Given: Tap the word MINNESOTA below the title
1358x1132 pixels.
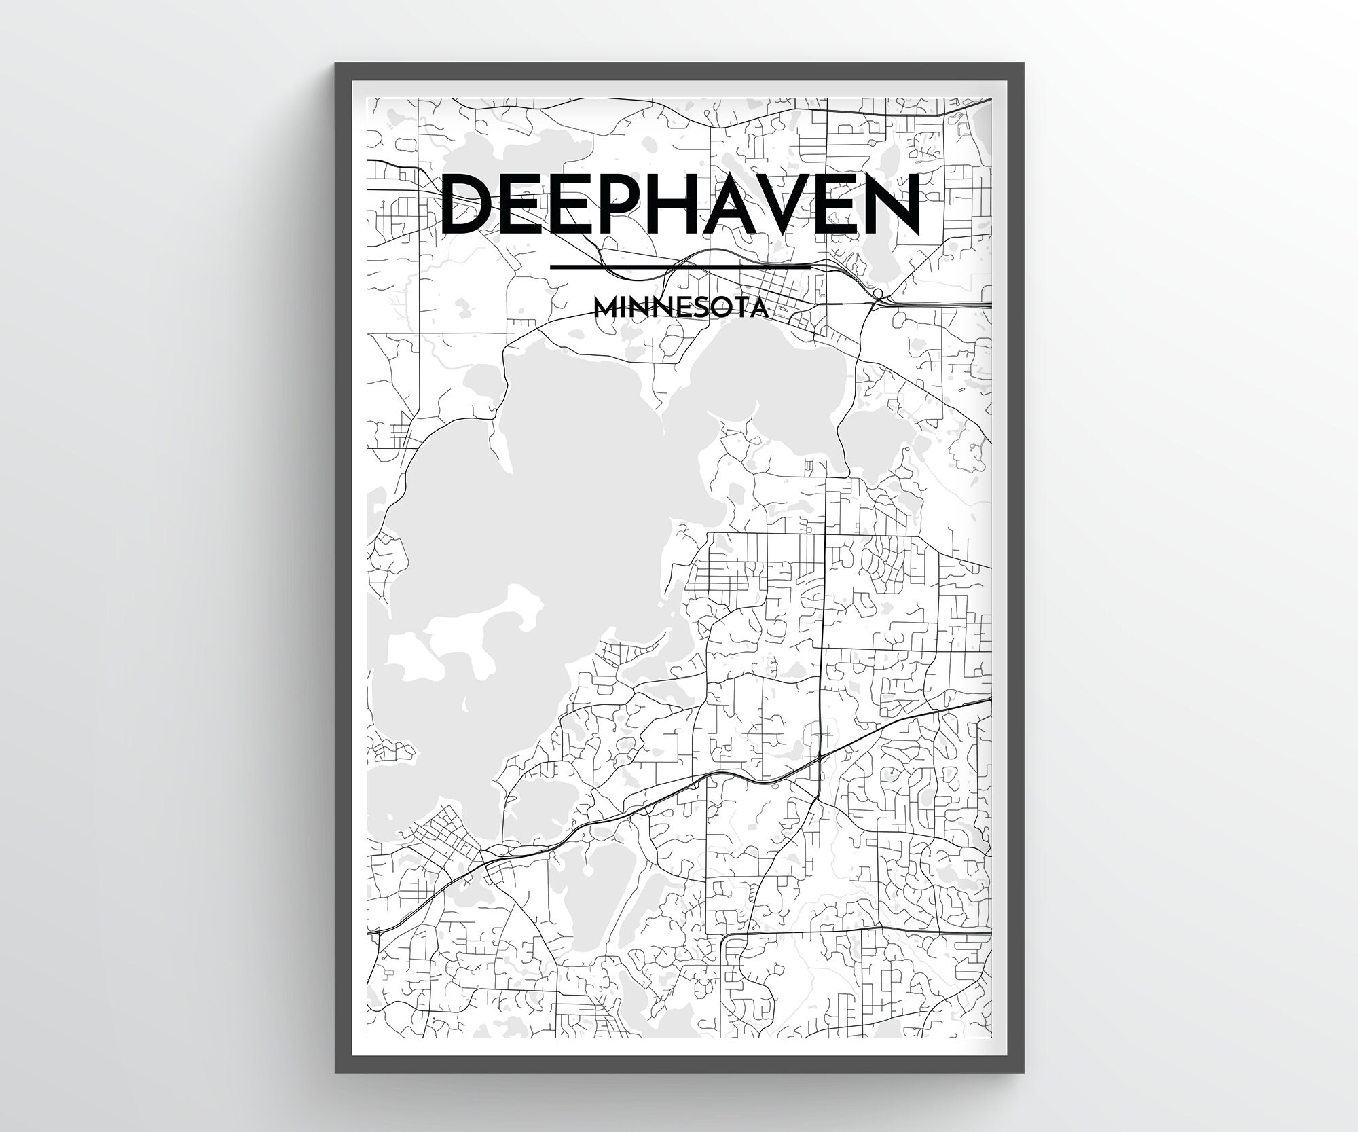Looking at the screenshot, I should click(x=681, y=308).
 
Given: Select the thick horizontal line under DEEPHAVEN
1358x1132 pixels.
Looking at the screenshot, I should click(x=681, y=266).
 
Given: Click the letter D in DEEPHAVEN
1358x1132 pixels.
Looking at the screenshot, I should click(x=469, y=203).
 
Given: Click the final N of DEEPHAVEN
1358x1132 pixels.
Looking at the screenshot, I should click(x=894, y=203).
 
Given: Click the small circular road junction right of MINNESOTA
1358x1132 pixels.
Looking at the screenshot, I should click(x=877, y=293).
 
